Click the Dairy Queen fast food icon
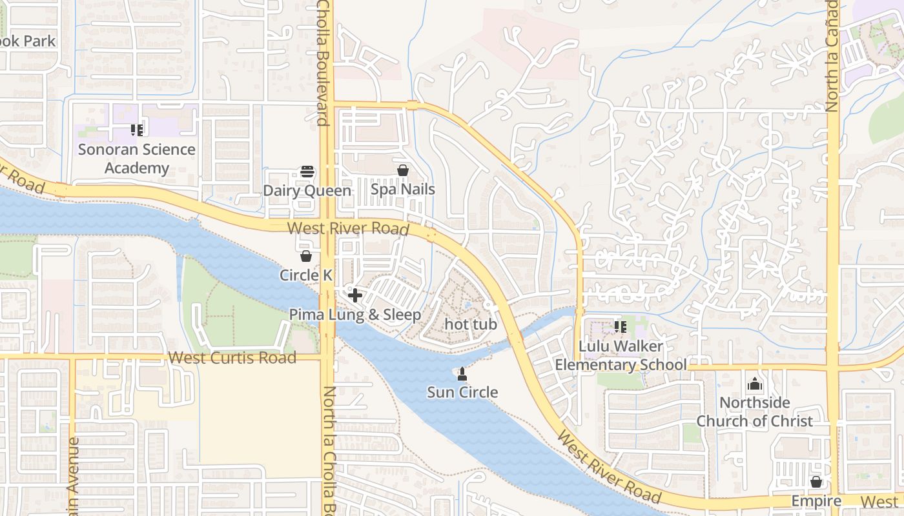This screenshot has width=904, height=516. [x=307, y=172]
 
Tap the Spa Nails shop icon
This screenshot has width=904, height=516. [x=403, y=171]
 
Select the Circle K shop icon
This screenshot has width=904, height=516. [x=306, y=257]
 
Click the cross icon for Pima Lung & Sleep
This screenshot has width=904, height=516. [x=354, y=296]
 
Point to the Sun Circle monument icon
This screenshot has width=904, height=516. [x=462, y=373]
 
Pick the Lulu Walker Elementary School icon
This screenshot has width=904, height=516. [x=621, y=327]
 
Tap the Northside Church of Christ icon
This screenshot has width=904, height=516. [x=754, y=384]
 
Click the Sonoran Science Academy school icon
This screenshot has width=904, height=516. [x=136, y=131]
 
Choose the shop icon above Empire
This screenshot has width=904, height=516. [x=816, y=482]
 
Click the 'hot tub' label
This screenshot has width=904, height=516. [x=471, y=324]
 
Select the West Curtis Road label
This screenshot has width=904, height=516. [x=232, y=358]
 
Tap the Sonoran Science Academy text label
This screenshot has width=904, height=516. [x=137, y=159]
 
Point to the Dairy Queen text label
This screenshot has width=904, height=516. [x=307, y=191]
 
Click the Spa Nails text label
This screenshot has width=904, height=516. [x=403, y=190]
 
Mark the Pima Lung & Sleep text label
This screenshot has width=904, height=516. [x=354, y=315]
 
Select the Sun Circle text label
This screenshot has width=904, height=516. [x=462, y=392]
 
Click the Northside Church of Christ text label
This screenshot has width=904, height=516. [x=754, y=412]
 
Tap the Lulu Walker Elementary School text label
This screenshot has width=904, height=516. [x=621, y=355]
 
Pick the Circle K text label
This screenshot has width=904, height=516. [x=306, y=275]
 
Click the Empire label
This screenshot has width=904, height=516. [x=816, y=501]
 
